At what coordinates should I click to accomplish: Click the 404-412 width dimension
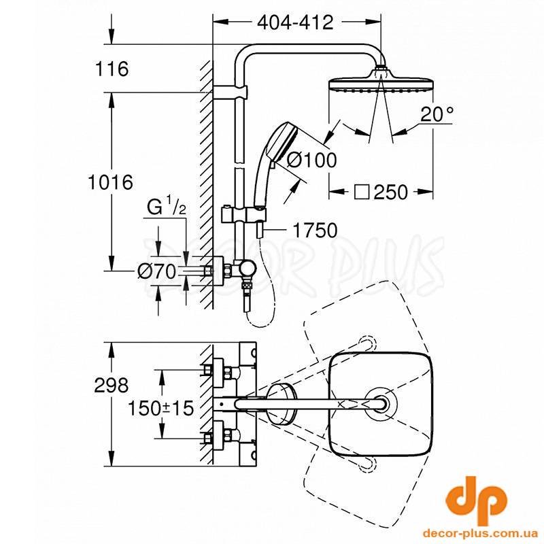coord(295,22)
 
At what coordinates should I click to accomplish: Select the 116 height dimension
coord(112,69)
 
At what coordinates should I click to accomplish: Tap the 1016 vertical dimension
coord(110,182)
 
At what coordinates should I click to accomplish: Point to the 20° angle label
coord(437,114)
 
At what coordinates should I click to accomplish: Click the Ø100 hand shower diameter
coord(312,160)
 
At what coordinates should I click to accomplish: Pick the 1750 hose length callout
coord(315,230)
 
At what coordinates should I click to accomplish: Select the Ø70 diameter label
coord(157,271)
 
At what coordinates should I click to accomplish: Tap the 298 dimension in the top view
coord(111,385)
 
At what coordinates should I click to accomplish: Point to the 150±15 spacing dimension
coord(160,407)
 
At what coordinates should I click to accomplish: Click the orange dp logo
coord(476,500)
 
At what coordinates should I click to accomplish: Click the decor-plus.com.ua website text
coord(480,533)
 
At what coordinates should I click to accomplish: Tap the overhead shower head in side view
coord(381,82)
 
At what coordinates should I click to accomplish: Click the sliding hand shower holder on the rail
coord(243,214)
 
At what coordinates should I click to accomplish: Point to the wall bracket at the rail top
coord(231,92)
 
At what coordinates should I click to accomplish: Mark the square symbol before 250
coord(362,192)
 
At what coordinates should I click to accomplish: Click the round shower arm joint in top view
coord(381,404)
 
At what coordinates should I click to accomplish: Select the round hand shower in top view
coord(282,404)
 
